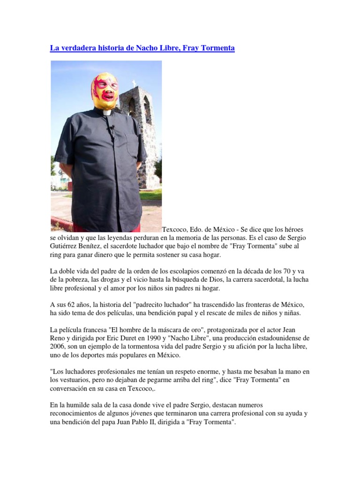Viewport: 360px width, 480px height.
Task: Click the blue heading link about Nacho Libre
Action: (x=142, y=48)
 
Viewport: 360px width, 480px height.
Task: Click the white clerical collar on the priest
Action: (x=106, y=113)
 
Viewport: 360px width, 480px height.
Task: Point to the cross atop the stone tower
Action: (x=134, y=83)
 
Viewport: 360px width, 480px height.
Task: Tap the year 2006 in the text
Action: (x=59, y=346)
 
